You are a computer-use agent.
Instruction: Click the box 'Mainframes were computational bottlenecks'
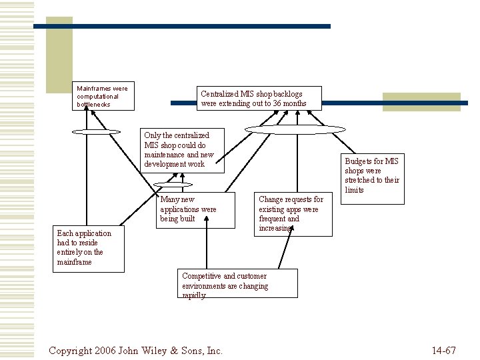click(x=103, y=96)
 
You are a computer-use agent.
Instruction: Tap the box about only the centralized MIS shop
click(x=182, y=149)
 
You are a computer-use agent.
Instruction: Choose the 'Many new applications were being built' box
click(x=197, y=209)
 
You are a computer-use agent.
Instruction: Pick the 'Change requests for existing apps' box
click(x=293, y=214)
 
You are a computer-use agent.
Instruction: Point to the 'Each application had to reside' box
click(x=88, y=247)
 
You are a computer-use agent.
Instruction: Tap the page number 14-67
click(x=443, y=350)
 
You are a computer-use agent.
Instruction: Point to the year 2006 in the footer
click(x=109, y=350)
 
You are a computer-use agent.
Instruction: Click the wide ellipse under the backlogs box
click(x=295, y=129)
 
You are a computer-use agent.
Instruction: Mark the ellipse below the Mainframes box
click(x=96, y=131)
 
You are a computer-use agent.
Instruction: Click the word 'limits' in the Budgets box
click(x=354, y=190)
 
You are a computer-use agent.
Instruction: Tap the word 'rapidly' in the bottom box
click(x=194, y=295)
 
